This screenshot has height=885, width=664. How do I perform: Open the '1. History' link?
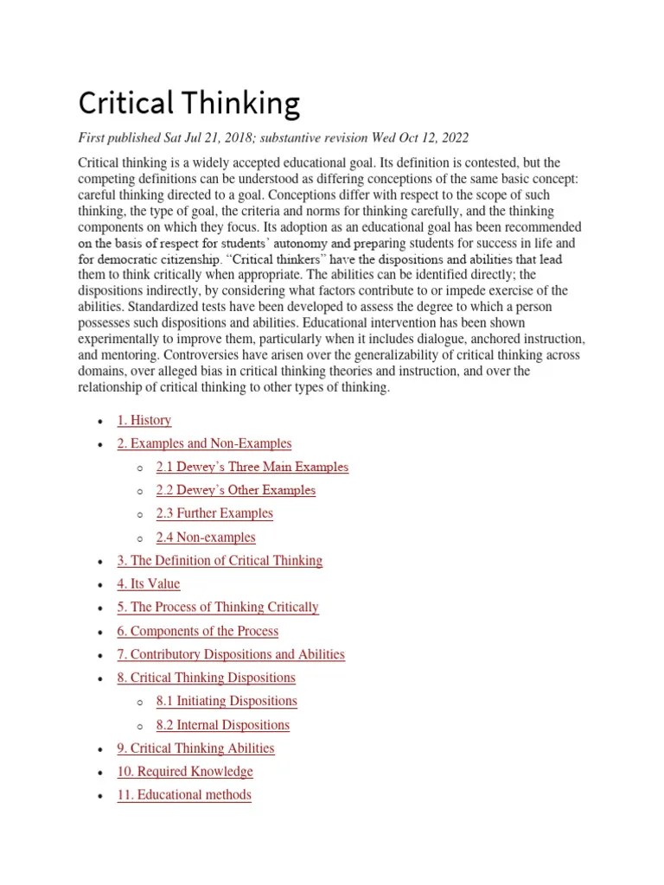tap(144, 420)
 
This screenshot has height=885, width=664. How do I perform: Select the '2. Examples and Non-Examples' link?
tap(204, 443)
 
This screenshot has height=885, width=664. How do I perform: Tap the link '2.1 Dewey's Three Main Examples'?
tap(252, 467)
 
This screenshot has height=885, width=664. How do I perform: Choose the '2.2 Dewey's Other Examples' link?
tap(236, 490)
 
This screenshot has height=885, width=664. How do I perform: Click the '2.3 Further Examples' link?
tap(214, 513)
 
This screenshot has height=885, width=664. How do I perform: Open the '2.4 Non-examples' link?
tap(206, 537)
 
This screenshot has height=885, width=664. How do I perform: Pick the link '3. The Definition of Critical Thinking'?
tap(220, 560)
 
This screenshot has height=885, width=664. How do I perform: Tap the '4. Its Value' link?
tap(149, 583)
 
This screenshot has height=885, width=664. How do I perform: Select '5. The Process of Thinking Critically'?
tap(218, 607)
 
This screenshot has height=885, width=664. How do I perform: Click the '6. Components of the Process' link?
tap(198, 631)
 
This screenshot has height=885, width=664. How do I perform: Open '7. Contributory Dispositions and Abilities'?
tap(231, 654)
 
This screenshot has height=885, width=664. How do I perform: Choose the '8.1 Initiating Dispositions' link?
tap(227, 701)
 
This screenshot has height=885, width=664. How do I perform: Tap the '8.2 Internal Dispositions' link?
tap(223, 724)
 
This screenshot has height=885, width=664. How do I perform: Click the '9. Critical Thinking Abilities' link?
tap(195, 748)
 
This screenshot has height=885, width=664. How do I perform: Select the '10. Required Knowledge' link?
tap(185, 771)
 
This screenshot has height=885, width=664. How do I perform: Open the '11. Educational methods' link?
tap(184, 794)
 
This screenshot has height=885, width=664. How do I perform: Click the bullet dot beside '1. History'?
tap(101, 421)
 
